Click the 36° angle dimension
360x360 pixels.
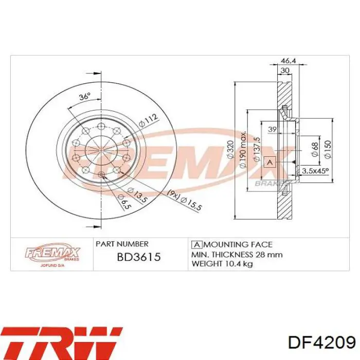click(85, 96)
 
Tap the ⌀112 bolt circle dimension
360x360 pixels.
click(149, 120)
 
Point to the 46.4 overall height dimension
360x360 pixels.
click(289, 61)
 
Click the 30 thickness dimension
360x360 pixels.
click(285, 70)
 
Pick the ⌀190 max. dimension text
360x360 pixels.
click(243, 149)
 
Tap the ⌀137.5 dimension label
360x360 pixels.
click(256, 149)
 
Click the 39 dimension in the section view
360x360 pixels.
click(272, 129)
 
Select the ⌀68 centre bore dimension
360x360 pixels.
click(315, 150)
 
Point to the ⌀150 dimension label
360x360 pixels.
click(328, 149)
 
